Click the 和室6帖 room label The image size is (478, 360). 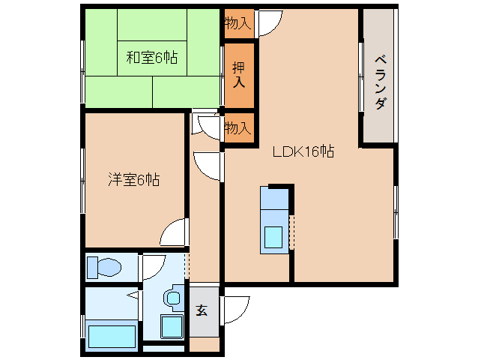151,57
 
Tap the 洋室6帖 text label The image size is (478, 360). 133,180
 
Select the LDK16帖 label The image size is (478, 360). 303,152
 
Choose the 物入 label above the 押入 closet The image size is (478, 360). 238,23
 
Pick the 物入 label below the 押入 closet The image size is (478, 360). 238,128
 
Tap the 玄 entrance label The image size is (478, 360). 202,310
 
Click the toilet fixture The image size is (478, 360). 104,267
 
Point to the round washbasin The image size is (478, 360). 174,298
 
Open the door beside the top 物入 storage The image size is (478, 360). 268,23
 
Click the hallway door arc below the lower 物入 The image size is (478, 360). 207,165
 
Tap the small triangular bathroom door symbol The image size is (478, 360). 133,295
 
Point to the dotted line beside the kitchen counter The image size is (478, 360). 292,232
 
